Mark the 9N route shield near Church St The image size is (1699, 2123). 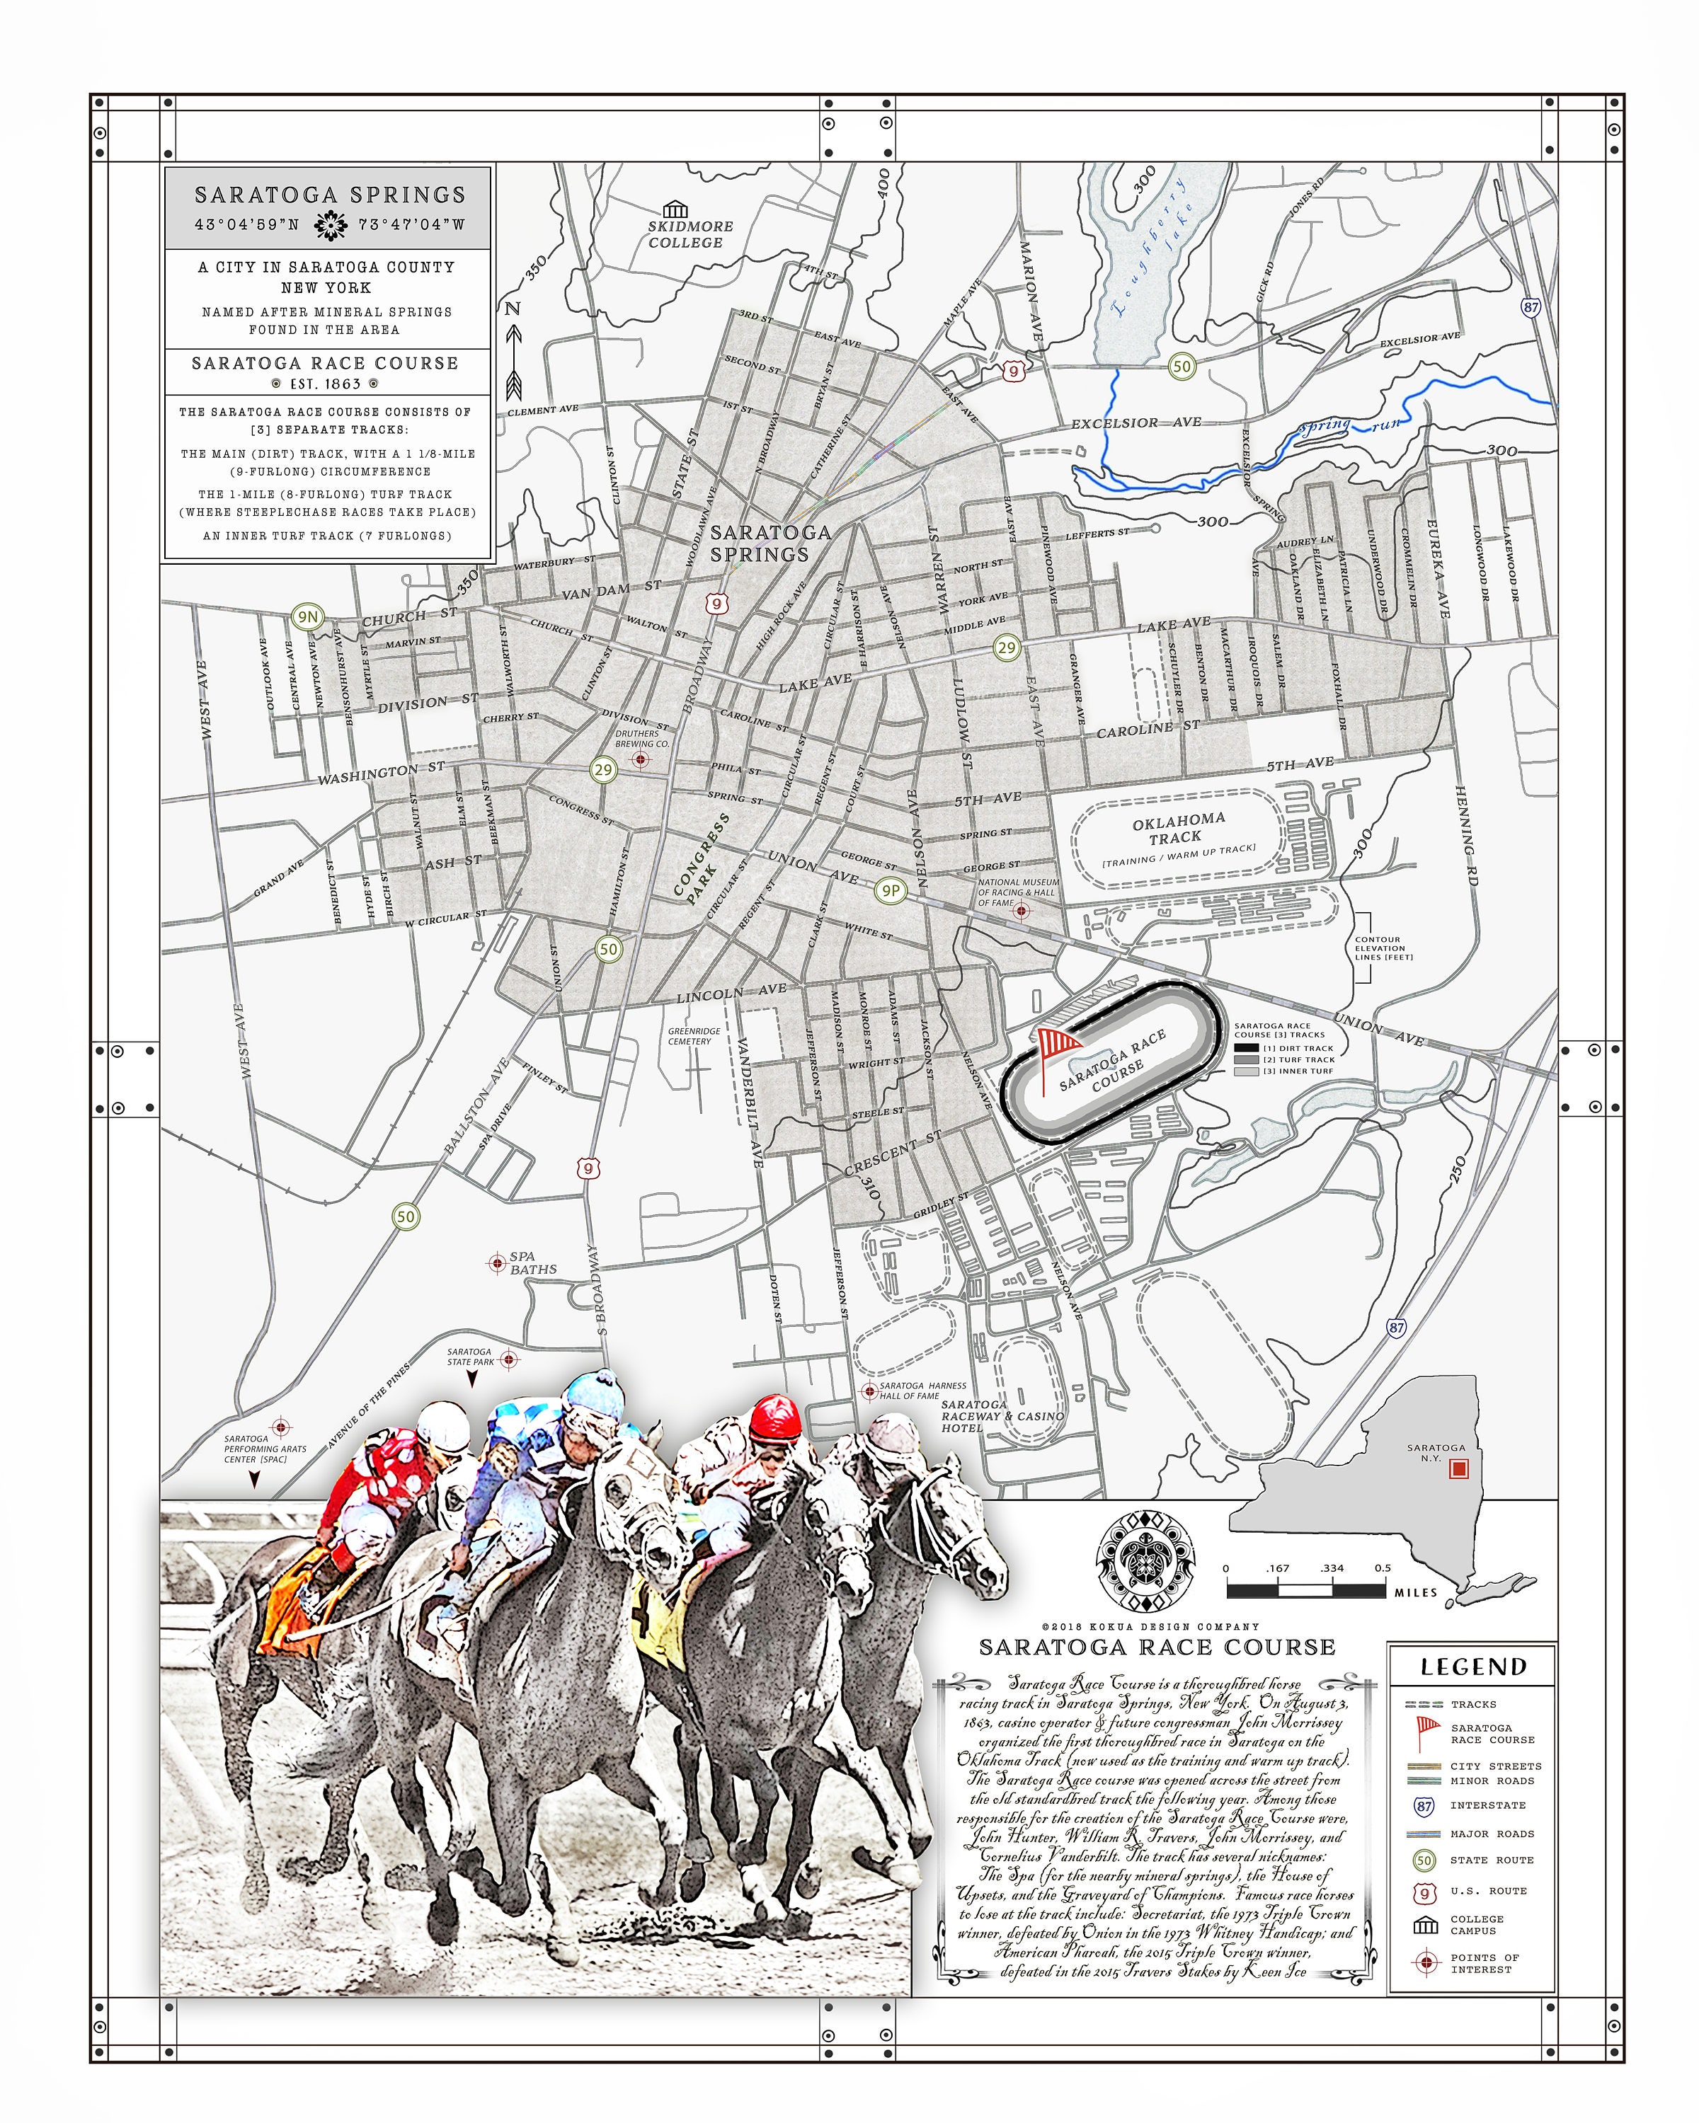tap(307, 616)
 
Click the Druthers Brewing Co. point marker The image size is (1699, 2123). tap(641, 759)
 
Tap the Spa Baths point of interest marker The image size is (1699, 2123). tap(498, 1263)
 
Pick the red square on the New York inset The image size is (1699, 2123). tap(1459, 1468)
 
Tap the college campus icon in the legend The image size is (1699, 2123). tap(1424, 1925)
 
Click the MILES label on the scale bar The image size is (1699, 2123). tap(1415, 1592)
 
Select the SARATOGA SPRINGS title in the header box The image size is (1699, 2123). tap(329, 195)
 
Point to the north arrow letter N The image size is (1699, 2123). tap(512, 309)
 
